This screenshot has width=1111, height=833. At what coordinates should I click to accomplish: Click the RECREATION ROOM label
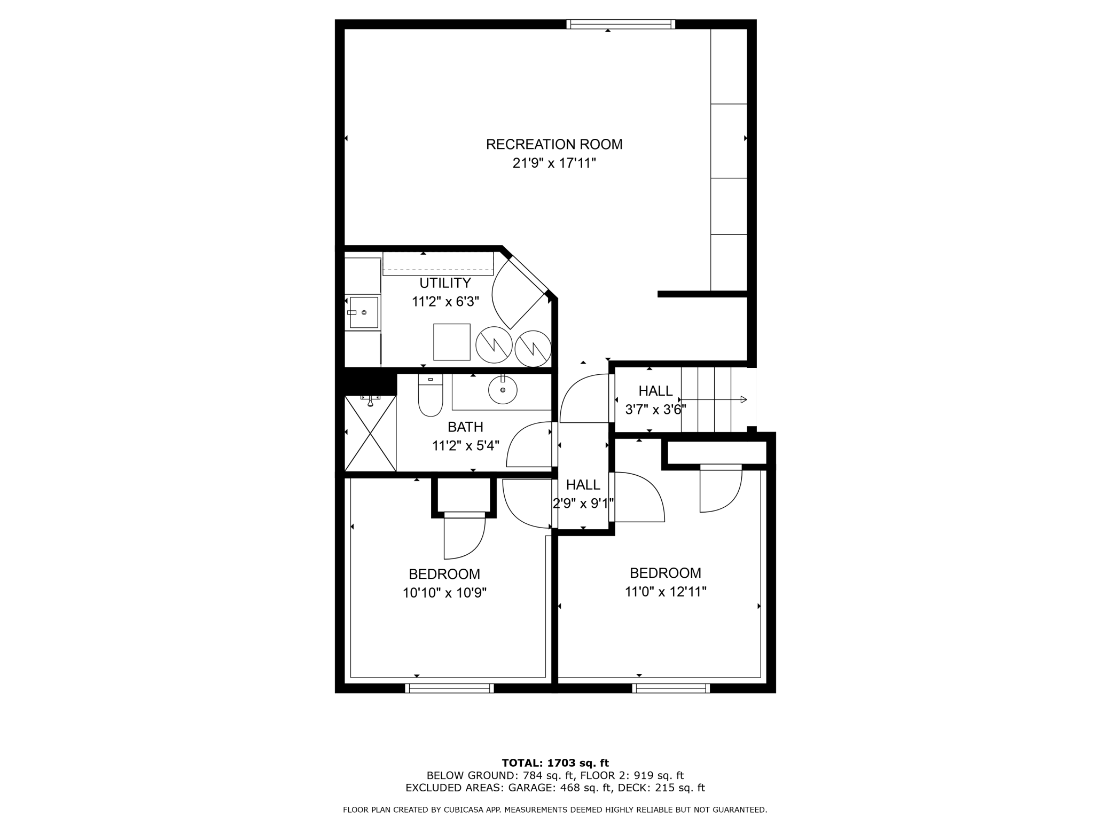pos(554,144)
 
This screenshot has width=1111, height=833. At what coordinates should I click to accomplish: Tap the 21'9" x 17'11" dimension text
pos(554,163)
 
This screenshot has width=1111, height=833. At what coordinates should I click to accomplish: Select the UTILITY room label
pos(445,283)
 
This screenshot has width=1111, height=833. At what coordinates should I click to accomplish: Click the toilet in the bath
pos(430,395)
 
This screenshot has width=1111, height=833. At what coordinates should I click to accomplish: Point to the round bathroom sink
pos(503,389)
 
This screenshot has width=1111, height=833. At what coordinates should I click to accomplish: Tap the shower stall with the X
pos(370,434)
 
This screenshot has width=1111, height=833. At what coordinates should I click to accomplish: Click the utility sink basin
pos(364,312)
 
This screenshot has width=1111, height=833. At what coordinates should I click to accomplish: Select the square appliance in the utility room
pos(451,342)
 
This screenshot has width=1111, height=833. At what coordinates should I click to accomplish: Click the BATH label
pos(465,427)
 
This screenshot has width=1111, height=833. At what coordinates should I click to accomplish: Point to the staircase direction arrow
pos(713,399)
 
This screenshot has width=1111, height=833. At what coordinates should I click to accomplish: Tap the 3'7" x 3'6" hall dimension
pos(655,410)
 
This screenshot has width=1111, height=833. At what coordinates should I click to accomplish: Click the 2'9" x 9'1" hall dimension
pos(583,503)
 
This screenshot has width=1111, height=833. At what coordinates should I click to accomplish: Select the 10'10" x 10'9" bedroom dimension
pos(444,593)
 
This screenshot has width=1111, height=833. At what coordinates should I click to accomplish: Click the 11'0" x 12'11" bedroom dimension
pos(666,592)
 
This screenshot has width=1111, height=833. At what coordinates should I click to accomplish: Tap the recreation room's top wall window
pos(621,24)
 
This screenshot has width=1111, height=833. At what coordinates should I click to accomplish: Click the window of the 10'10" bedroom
pos(449,688)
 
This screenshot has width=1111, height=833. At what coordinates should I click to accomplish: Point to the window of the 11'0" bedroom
pos(671,688)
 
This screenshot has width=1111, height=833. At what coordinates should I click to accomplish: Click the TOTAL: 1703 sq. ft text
pos(555,763)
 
